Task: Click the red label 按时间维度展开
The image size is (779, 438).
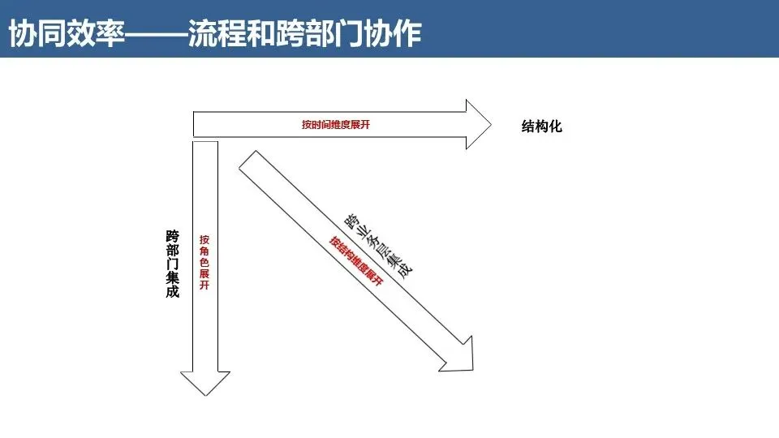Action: coord(340,125)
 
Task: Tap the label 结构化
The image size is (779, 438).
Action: coord(541,127)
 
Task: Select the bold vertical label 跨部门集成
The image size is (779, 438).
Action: coord(172,264)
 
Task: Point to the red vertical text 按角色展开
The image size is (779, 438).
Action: coord(204,263)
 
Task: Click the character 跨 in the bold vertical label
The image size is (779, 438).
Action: coord(172,236)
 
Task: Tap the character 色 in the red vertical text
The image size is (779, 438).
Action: coord(204,263)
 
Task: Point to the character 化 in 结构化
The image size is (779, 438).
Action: coord(556,127)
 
